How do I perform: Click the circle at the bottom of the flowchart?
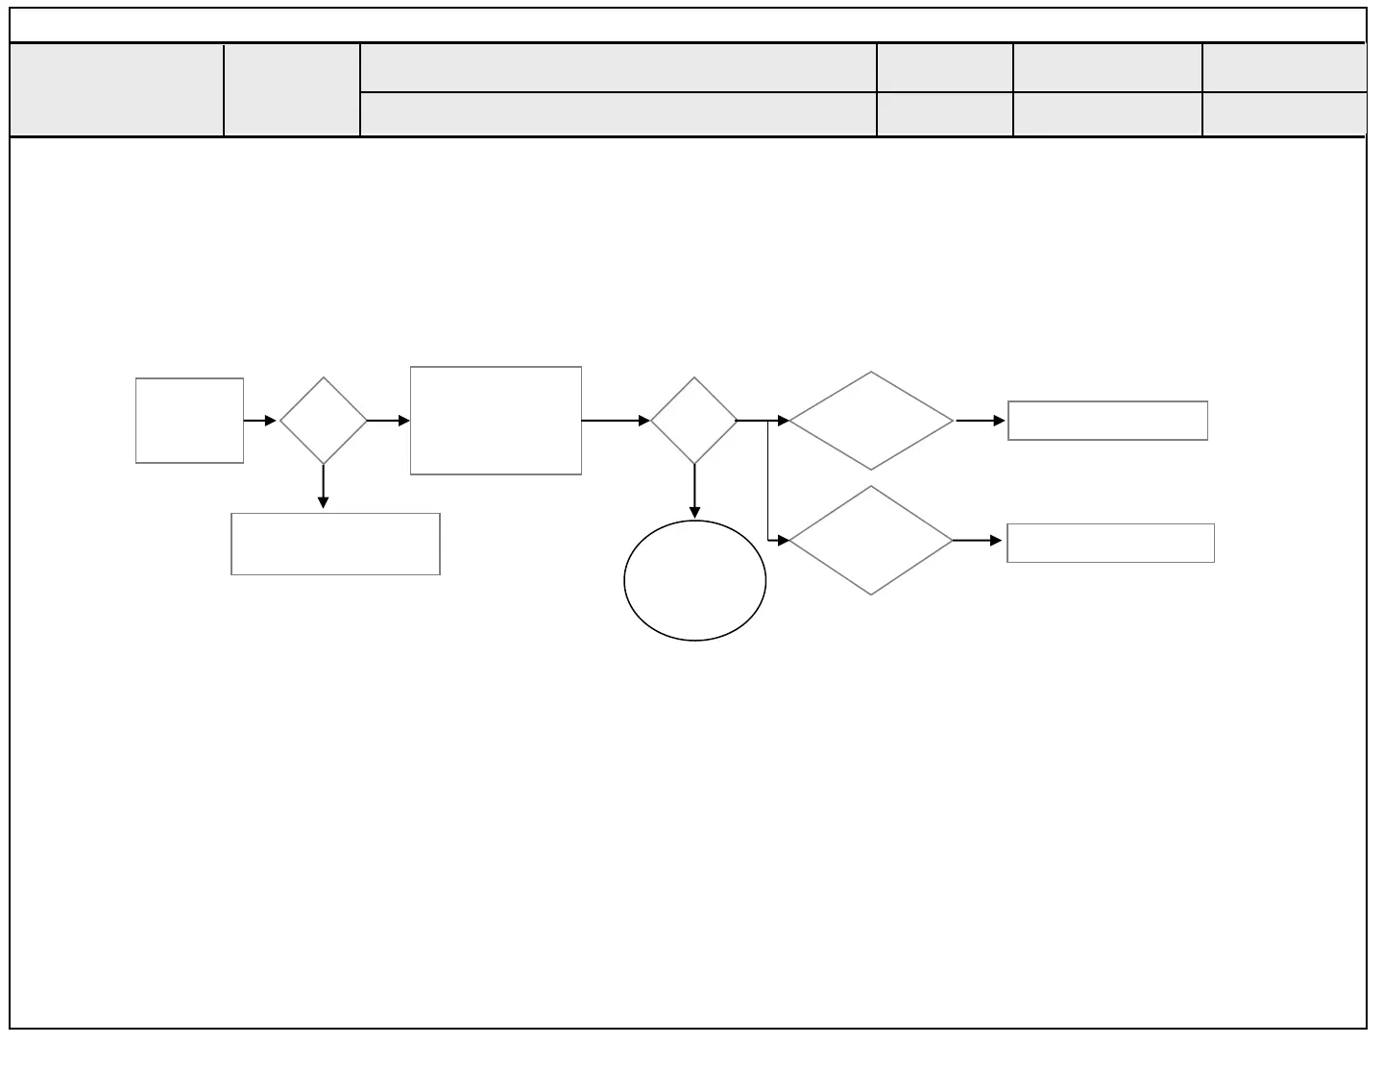coord(694,580)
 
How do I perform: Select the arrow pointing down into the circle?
coord(694,492)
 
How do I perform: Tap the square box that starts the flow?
coord(189,421)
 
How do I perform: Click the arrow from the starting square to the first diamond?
coord(260,421)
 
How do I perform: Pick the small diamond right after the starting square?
coord(324,421)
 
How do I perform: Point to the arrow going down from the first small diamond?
coord(324,487)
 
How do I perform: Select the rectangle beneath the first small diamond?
coord(335,544)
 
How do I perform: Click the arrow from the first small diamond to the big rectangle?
coord(389,421)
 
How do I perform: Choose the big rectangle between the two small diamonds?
coord(496,421)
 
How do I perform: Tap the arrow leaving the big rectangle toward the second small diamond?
coord(616,421)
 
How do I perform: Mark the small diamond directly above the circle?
coord(694,421)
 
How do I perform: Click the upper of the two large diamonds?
coord(871,421)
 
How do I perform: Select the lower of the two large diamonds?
coord(871,541)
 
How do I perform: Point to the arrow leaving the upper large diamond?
coord(981,421)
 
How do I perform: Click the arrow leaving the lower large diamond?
coord(978,541)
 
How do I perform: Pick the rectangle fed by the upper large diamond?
coord(1107,421)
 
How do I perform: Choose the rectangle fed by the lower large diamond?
coord(1110,543)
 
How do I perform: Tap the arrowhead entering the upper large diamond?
coord(783,421)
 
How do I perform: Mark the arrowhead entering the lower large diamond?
coord(783,541)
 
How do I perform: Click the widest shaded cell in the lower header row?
coord(618,114)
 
